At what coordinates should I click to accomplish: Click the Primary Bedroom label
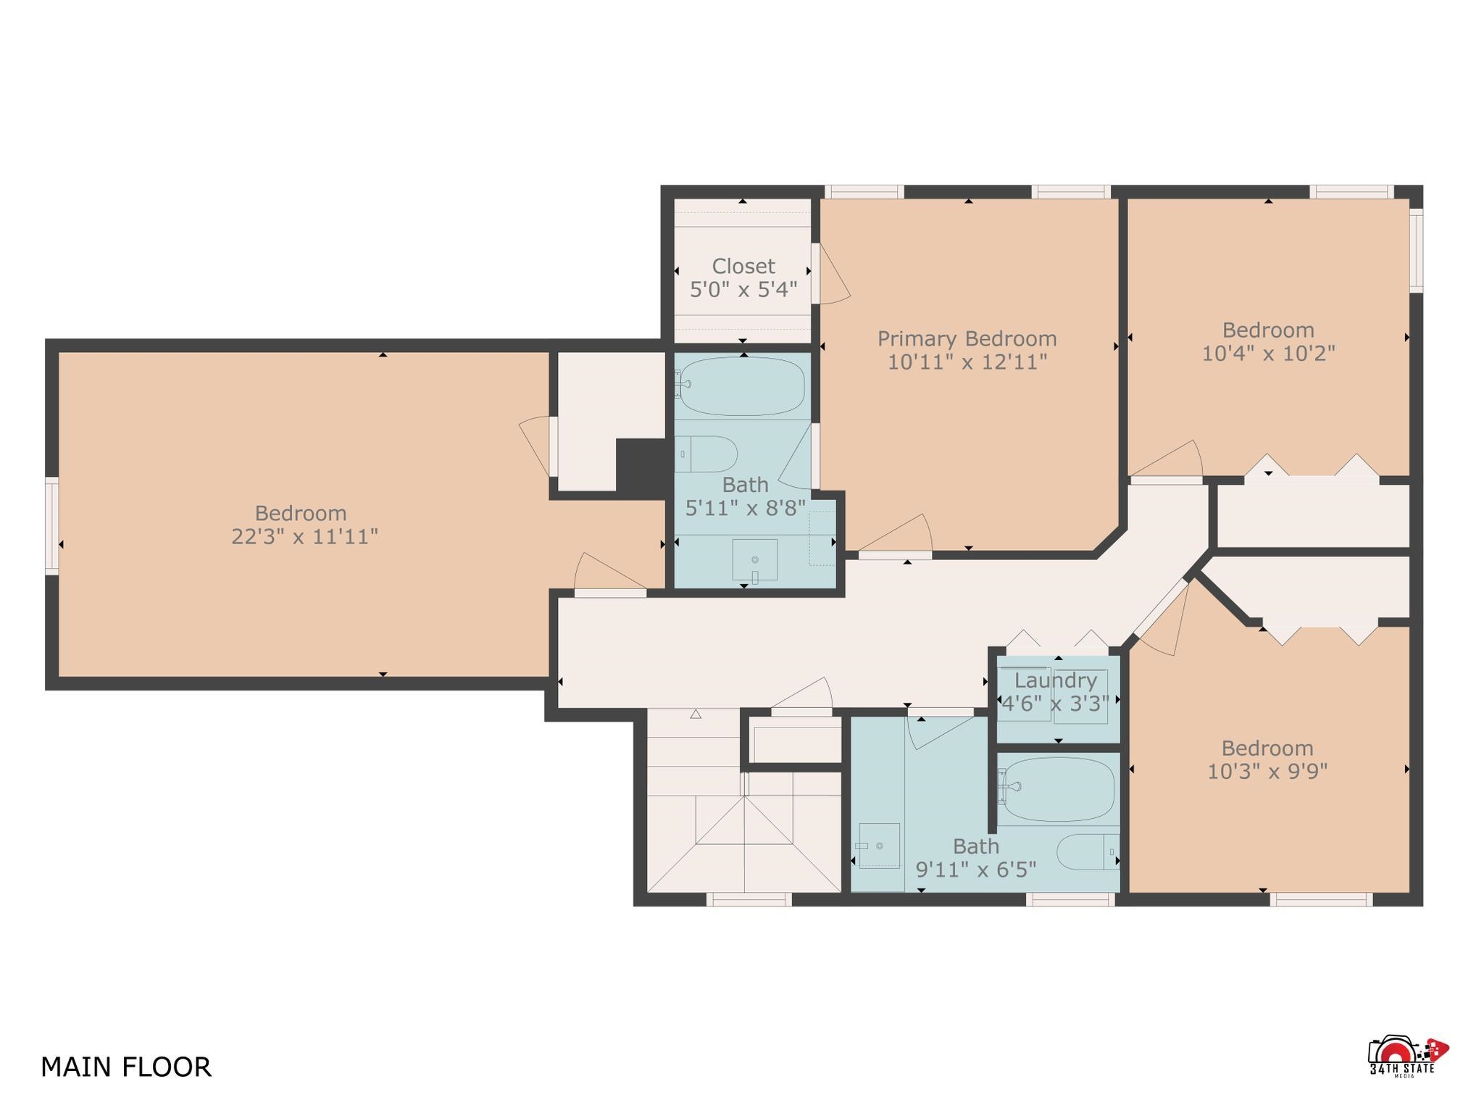(x=967, y=338)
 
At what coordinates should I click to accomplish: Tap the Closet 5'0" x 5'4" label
(x=743, y=278)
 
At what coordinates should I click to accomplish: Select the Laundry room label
(x=1055, y=680)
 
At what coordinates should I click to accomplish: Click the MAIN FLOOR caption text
(x=126, y=1067)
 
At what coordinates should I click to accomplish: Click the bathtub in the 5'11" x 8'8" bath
(x=741, y=386)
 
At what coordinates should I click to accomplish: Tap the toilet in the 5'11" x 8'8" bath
(x=706, y=454)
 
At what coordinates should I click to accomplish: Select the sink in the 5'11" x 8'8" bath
(x=754, y=560)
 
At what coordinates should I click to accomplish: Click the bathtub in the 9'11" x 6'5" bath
(x=1056, y=789)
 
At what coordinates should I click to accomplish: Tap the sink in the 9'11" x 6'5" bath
(x=878, y=846)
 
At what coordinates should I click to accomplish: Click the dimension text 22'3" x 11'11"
(x=304, y=537)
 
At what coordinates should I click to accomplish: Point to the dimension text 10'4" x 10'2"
(x=1268, y=354)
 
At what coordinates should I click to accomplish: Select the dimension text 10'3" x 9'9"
(x=1267, y=772)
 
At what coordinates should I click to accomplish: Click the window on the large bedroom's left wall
(x=51, y=526)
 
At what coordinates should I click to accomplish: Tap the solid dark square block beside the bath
(x=641, y=465)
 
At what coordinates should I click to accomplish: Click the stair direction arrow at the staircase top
(x=696, y=714)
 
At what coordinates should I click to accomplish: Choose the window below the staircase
(x=749, y=899)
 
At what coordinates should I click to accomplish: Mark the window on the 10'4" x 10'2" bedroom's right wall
(x=1416, y=251)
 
